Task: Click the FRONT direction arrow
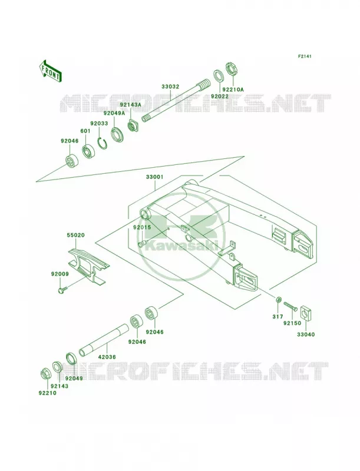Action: (50, 71)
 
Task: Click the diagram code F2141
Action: (305, 56)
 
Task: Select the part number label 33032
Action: (170, 87)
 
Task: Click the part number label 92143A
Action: (130, 105)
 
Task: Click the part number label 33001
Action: (155, 177)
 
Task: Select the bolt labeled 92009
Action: (62, 290)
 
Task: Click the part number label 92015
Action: (142, 227)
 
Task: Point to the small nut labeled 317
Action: (279, 300)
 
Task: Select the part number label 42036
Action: (107, 357)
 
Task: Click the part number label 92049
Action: (74, 378)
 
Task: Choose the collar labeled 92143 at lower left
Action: (57, 367)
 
